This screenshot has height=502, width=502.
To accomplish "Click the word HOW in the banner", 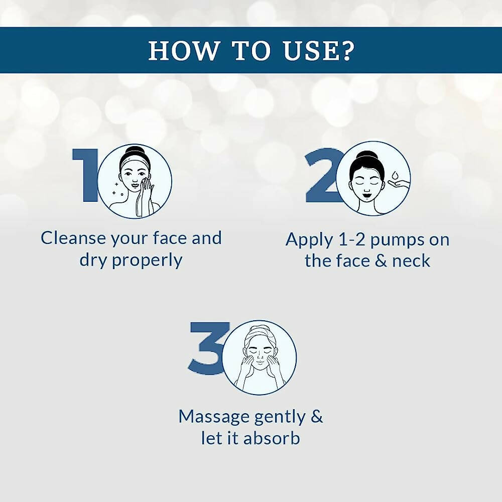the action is (x=183, y=51).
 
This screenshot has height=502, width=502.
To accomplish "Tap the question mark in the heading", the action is (x=347, y=50).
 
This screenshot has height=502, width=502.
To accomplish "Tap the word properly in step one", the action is (x=147, y=261).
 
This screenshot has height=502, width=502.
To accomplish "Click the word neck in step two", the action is (x=411, y=261).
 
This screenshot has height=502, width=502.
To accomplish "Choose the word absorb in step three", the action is (x=272, y=438).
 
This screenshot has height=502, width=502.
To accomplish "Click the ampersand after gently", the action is (x=316, y=416).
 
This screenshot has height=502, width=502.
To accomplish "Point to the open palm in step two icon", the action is (x=398, y=184).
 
